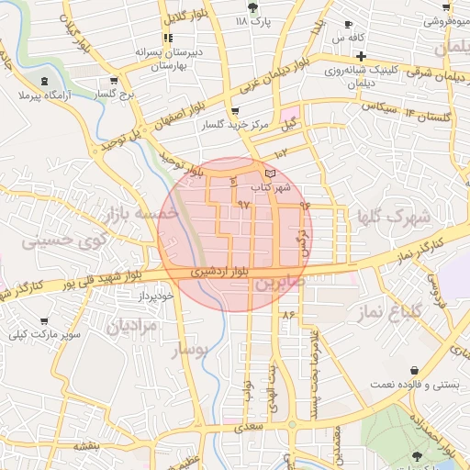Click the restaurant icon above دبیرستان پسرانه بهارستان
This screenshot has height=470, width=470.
167,38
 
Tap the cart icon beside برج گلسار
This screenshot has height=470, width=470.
113,80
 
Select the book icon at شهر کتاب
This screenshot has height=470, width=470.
269,173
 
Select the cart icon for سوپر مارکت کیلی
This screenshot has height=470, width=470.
44,321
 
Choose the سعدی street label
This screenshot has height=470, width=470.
249,427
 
